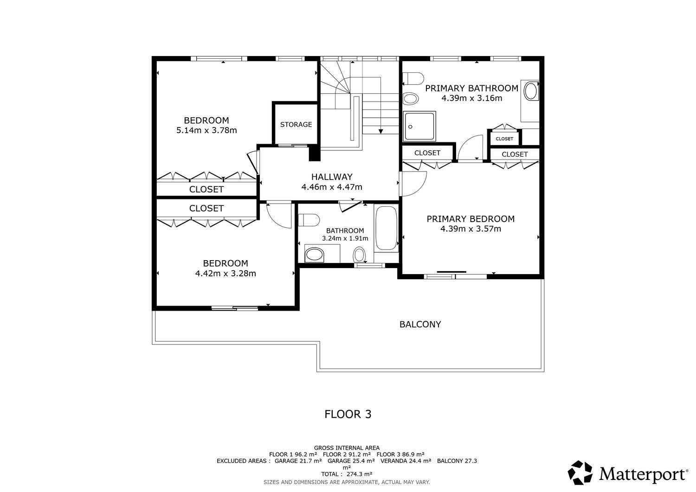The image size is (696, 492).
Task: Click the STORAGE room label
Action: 296,125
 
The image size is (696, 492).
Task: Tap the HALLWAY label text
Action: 332,177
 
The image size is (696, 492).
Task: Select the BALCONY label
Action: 420,324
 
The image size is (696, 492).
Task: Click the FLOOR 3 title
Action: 348,414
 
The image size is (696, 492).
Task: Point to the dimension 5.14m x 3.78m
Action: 206,130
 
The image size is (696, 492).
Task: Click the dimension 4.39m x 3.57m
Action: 471,229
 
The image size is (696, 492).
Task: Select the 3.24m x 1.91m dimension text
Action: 345,238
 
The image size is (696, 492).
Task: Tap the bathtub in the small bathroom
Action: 387,228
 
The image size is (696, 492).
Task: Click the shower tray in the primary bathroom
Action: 419,126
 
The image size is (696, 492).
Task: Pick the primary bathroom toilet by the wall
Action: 413,78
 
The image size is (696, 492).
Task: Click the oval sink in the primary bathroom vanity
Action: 531,91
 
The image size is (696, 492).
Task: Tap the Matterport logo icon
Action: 580,472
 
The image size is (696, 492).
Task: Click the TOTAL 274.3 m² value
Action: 347,474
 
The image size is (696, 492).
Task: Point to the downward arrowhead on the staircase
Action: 380,132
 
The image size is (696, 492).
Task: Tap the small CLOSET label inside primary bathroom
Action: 504,139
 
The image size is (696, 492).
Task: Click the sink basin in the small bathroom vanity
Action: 315,255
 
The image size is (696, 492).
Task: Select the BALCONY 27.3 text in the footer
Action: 457,461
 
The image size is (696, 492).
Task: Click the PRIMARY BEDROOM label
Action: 470,219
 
